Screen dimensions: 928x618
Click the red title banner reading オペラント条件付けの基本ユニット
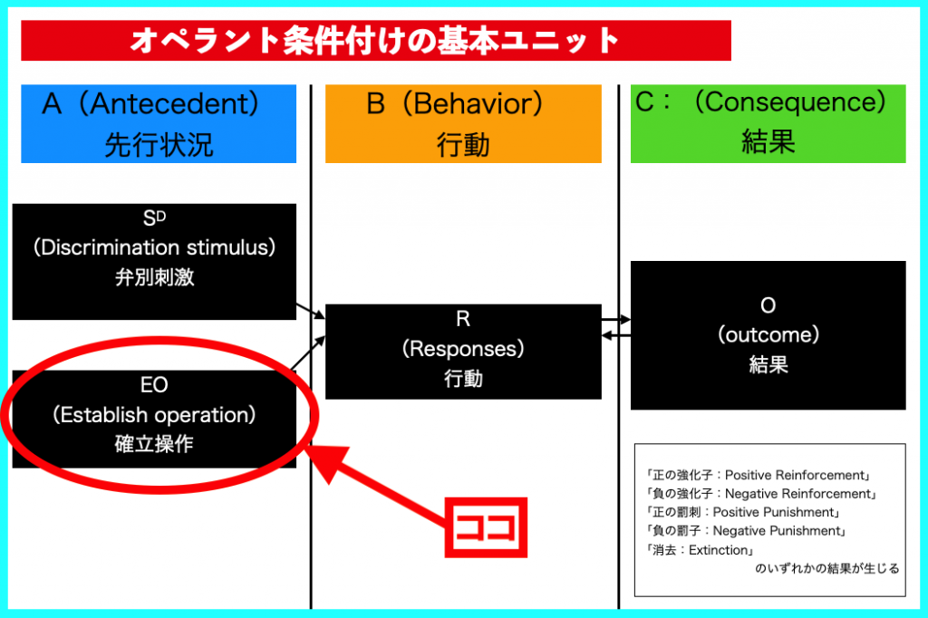click(x=376, y=40)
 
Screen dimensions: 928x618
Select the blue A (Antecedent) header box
click(x=159, y=124)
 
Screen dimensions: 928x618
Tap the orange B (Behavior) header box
click(x=463, y=124)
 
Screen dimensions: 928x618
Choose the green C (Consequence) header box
click(x=768, y=124)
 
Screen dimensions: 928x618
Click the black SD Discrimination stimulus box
click(x=154, y=262)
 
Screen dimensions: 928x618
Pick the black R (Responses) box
click(x=463, y=352)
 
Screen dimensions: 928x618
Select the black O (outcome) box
click(x=768, y=335)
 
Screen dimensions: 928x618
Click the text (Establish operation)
click(x=154, y=415)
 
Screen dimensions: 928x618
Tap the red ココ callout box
click(x=486, y=527)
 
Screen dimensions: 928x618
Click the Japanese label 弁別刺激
click(x=154, y=277)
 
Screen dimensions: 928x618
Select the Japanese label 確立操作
click(x=154, y=444)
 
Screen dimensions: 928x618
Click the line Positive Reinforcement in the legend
click(x=759, y=475)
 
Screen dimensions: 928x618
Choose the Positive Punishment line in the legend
click(x=744, y=512)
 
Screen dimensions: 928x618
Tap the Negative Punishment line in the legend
click(x=747, y=531)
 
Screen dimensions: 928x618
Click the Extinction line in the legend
click(x=701, y=550)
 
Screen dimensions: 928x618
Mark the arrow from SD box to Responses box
click(x=311, y=312)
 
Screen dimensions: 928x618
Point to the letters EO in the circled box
click(x=154, y=385)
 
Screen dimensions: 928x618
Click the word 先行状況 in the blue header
click(x=159, y=145)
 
